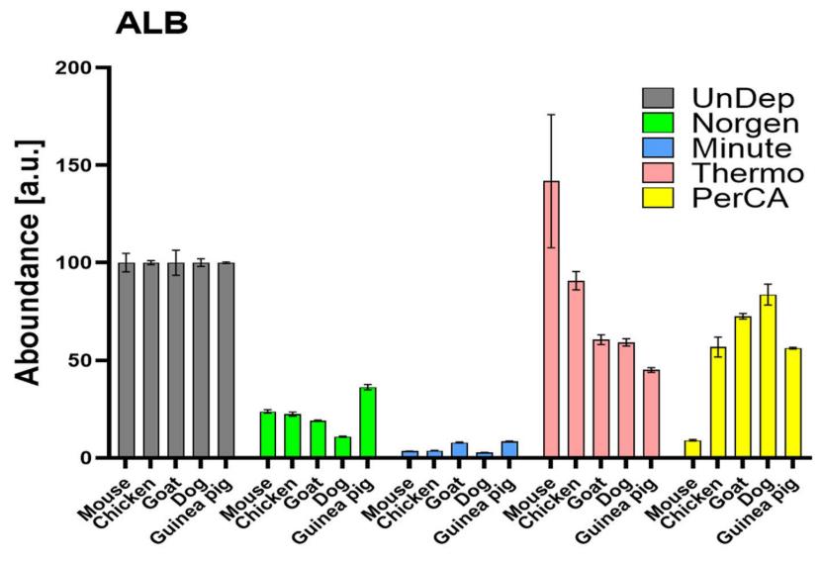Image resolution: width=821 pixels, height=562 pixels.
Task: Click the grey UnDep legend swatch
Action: pyautogui.click(x=658, y=98)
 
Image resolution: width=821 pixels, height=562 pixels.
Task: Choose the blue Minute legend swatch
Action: pyautogui.click(x=658, y=148)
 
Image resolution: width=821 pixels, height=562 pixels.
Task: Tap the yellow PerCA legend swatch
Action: pyautogui.click(x=658, y=199)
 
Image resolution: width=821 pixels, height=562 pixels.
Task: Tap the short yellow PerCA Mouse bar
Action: pyautogui.click(x=692, y=449)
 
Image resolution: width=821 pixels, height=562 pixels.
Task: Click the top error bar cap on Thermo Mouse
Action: pyautogui.click(x=551, y=115)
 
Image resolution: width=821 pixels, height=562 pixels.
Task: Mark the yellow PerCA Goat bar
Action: pyautogui.click(x=741, y=387)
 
